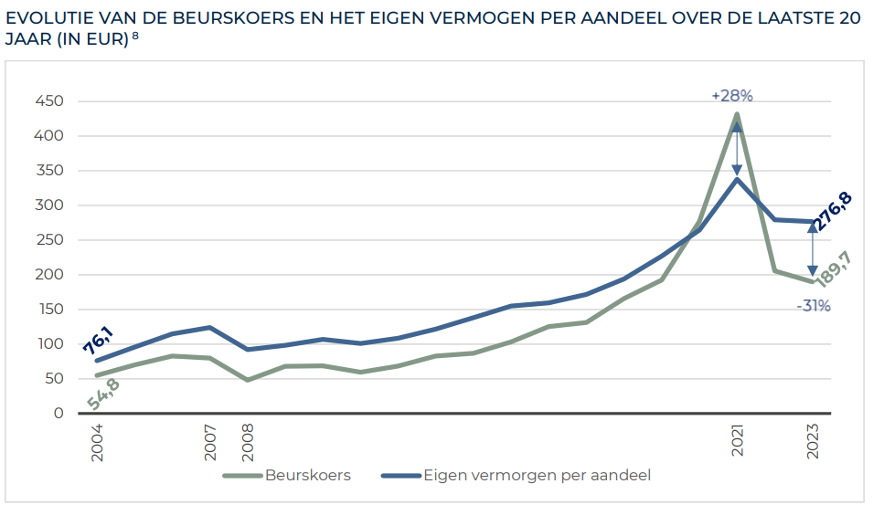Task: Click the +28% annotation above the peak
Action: click(731, 96)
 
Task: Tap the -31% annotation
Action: click(813, 306)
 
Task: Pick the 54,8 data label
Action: click(103, 394)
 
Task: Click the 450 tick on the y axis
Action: click(49, 101)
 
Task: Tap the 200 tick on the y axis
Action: click(49, 275)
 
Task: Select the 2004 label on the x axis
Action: click(97, 441)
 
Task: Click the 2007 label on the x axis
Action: click(210, 441)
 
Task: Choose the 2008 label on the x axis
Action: click(248, 441)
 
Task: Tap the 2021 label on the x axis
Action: click(737, 441)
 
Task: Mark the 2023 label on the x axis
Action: click(812, 441)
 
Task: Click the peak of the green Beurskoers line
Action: click(737, 115)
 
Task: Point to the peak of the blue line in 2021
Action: click(737, 179)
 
